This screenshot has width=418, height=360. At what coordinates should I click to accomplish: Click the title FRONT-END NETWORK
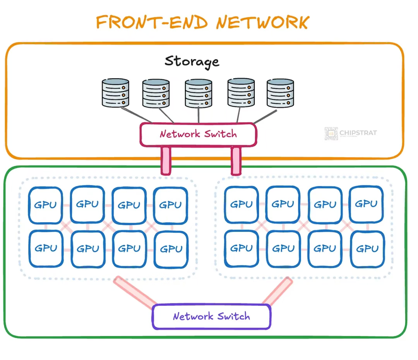click(x=202, y=22)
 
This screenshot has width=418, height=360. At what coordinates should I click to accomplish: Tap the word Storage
click(x=192, y=61)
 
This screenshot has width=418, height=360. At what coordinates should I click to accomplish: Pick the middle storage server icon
click(x=198, y=93)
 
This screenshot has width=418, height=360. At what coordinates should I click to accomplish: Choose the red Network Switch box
click(x=198, y=134)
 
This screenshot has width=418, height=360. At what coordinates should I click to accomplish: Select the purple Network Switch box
click(x=211, y=316)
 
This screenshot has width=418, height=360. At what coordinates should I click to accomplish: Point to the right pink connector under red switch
click(x=236, y=161)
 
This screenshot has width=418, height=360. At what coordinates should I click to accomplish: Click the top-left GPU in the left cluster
click(x=46, y=205)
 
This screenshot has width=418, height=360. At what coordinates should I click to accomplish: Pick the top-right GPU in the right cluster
click(x=366, y=204)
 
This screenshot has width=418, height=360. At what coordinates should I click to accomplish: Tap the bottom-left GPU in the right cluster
click(x=242, y=249)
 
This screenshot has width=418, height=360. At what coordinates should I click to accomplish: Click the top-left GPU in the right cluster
click(x=242, y=204)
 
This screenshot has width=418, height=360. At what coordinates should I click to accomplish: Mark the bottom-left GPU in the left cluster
click(x=46, y=249)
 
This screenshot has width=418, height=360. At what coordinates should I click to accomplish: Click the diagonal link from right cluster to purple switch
click(x=277, y=291)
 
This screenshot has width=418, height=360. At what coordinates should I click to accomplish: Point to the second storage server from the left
click(x=156, y=93)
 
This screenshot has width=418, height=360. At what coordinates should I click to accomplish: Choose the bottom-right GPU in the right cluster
click(x=367, y=249)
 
